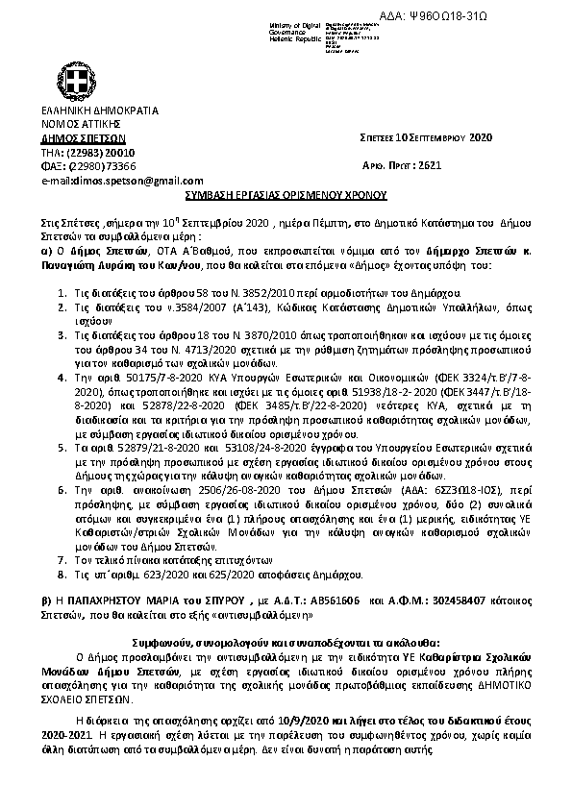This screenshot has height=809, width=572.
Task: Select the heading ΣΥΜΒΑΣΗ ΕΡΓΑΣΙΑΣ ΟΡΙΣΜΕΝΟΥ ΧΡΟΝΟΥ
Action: pos(286,193)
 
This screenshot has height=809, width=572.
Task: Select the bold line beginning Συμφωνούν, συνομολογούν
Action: pos(286,639)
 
